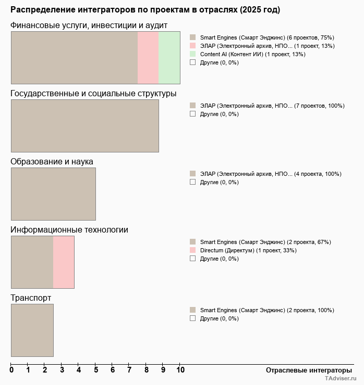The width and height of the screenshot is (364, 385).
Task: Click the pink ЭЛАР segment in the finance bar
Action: [148, 58]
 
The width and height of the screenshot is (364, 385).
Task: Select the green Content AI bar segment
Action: [169, 58]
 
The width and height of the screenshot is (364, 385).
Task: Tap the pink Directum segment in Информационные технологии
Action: [64, 262]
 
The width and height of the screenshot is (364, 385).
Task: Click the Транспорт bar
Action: [32, 330]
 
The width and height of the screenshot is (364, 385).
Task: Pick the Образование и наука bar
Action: [53, 194]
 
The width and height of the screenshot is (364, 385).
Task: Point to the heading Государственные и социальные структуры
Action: [93, 94]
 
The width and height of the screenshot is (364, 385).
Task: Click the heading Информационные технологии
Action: [69, 230]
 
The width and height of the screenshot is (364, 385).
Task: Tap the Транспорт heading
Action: [31, 298]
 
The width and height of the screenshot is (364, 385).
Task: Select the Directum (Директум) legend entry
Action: [248, 250]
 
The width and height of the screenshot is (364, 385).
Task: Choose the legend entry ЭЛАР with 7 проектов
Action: [272, 106]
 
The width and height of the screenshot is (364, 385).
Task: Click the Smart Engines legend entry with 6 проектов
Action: [266, 37]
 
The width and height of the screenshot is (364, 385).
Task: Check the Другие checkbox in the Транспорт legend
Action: [193, 318]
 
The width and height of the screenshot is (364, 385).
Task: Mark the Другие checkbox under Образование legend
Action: [193, 182]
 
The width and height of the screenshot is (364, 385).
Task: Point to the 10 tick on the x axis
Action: [180, 370]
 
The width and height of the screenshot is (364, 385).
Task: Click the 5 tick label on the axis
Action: [95, 370]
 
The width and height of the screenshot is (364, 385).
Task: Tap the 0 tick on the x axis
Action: [11, 370]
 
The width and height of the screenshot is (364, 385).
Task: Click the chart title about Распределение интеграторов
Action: [145, 10]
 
